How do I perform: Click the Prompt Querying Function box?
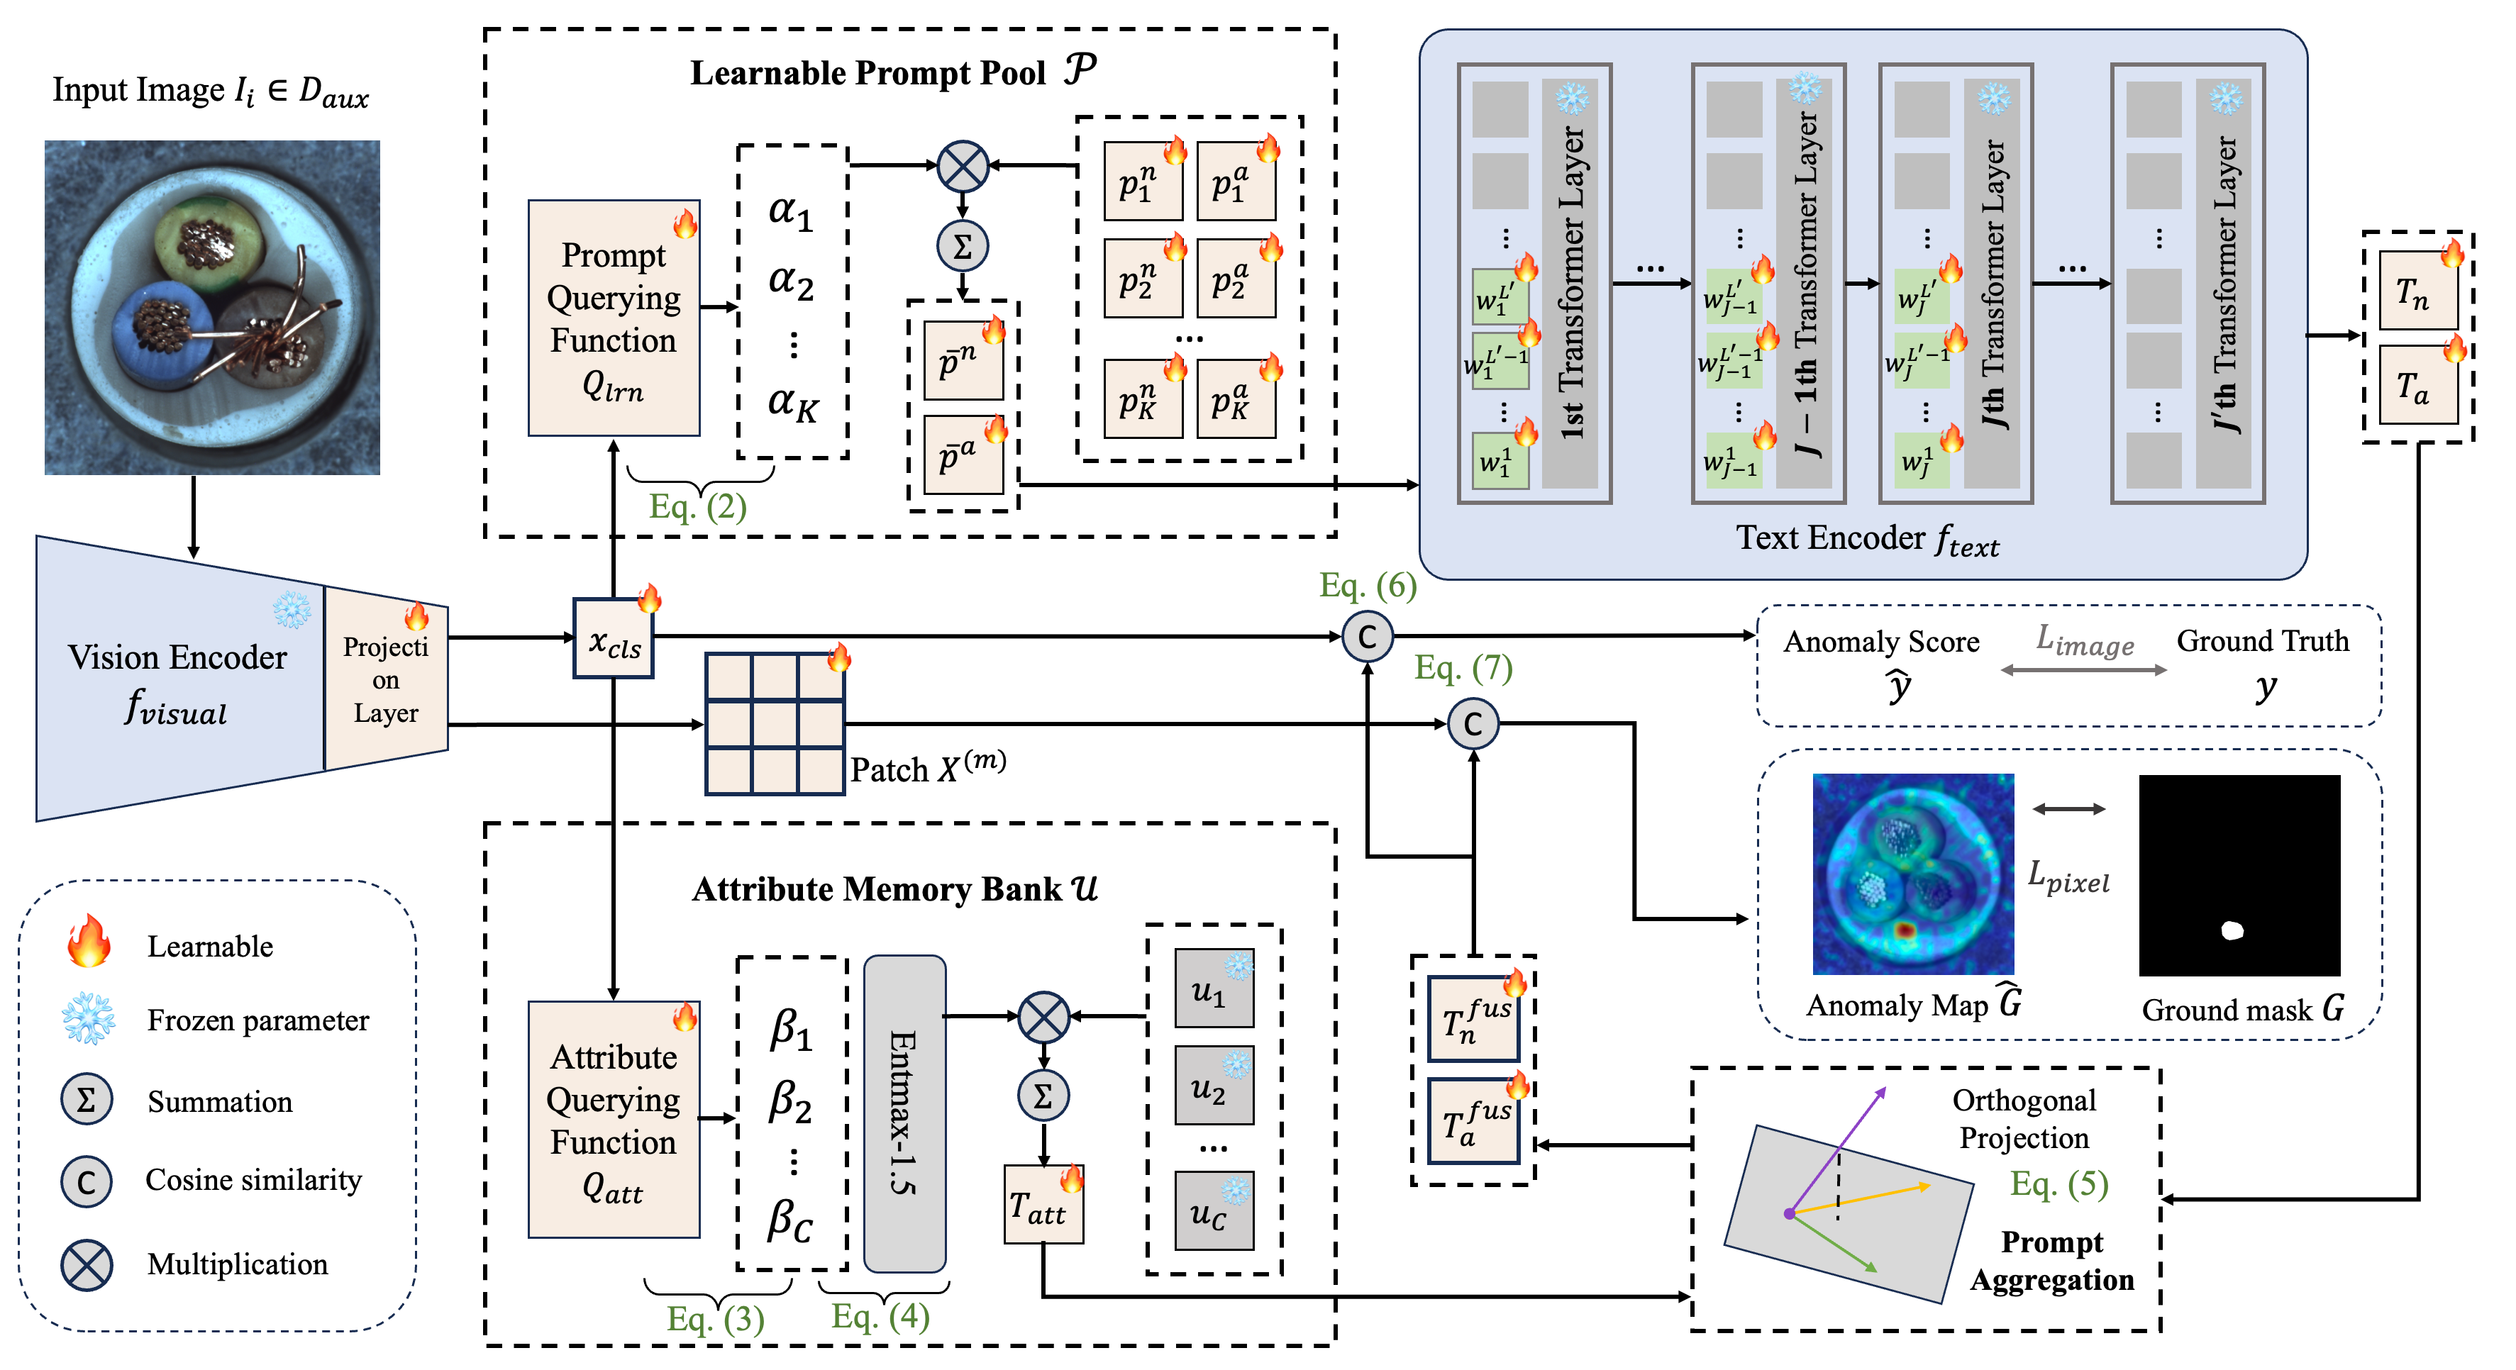point(614,318)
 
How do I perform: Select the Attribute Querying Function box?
point(614,1120)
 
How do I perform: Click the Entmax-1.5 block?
point(904,1113)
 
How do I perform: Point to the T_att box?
point(1043,1207)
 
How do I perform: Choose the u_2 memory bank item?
point(1213,1086)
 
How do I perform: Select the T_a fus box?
point(1473,1121)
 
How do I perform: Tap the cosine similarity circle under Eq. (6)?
point(1366,637)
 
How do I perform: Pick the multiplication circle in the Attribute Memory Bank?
point(1043,1018)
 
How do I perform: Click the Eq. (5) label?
point(2058,1184)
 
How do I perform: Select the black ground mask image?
point(2239,875)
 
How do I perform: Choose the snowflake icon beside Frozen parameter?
point(88,1020)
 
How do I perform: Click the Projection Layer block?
point(386,679)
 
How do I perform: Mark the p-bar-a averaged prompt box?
point(963,455)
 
